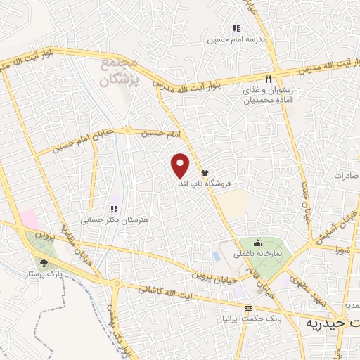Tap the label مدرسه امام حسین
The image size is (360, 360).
tap(236, 40)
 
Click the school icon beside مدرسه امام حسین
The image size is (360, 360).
tap(236, 29)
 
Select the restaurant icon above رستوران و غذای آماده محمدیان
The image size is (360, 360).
tap(268, 79)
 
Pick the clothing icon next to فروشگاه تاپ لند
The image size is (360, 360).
tap(205, 173)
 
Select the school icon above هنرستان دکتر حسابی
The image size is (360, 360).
tap(112, 209)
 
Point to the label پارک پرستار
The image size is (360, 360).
tap(46, 272)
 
